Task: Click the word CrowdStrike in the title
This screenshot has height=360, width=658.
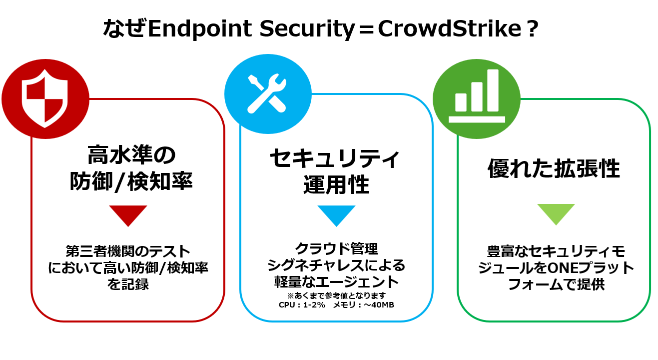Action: point(448,29)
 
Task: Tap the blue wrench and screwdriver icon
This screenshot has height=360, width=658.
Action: point(267,93)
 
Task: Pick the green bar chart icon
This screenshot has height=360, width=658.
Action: point(476,95)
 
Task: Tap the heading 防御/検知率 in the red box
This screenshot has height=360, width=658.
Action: point(131,182)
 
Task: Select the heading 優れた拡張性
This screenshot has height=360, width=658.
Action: point(554,169)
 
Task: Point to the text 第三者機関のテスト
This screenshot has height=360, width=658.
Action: point(128,250)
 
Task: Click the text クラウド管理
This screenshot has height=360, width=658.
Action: point(336,248)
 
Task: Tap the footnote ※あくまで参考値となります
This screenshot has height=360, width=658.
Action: point(336,294)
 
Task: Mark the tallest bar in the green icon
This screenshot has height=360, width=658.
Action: point(493,90)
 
